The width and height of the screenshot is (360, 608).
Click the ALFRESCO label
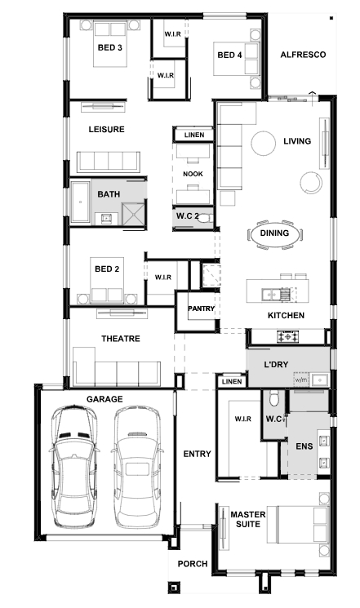pos(303,55)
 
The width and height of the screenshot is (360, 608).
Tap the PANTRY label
pos(201,308)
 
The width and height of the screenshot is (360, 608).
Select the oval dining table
pos(274,234)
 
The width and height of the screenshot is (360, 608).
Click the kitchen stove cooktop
pos(288,335)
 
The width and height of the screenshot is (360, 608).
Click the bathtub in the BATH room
pos(80,202)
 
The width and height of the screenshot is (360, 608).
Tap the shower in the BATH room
pos(133,214)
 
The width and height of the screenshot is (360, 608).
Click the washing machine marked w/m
pos(301,380)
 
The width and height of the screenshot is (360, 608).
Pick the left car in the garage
pos(74,466)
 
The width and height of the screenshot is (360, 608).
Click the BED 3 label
pos(109,47)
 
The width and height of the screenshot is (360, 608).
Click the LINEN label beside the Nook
pos(194,135)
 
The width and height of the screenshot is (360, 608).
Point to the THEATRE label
pos(121,339)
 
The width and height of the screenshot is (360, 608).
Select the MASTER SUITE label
pos(248,519)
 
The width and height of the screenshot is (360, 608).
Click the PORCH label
pos(193,564)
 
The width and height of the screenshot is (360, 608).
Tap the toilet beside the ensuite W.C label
pos(274,398)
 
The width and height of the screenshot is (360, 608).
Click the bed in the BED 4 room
pos(236,59)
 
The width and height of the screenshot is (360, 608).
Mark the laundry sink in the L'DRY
pos(320,379)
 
